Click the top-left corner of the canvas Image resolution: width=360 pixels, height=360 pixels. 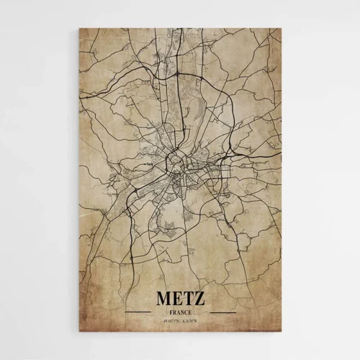[x=78, y=29]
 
